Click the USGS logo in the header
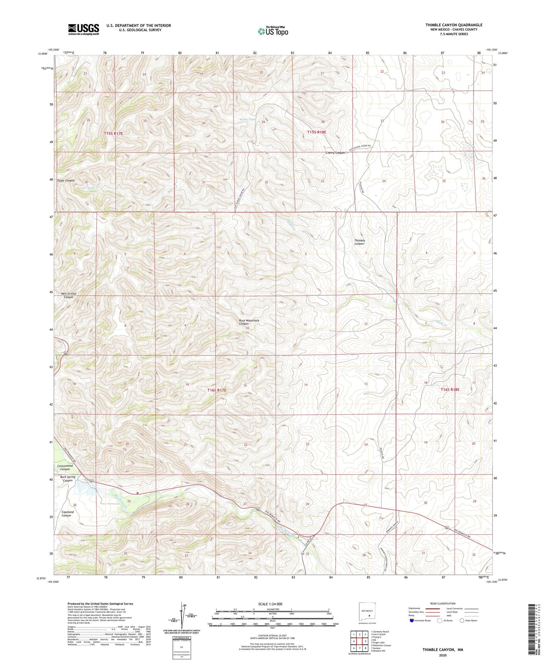coord(83,29)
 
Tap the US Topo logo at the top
coord(273,31)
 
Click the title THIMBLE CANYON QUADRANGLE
coord(453,25)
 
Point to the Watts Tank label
coord(248,120)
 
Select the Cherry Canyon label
coord(335,153)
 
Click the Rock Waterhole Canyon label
coord(249,322)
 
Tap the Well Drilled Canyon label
coord(69,295)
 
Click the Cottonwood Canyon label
coord(65,467)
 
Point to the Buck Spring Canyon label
coord(68,479)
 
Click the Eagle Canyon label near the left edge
coord(66,180)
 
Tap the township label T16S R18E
coord(450,390)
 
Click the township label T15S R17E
coord(113,134)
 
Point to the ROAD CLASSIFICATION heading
coord(443,603)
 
